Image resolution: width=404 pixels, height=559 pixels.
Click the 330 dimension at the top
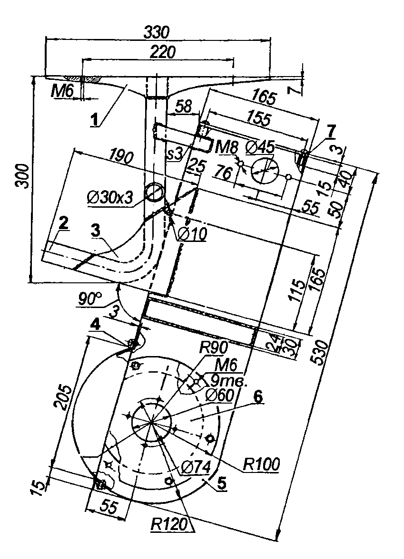click(x=157, y=32)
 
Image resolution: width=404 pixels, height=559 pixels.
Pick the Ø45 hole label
click(x=261, y=147)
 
